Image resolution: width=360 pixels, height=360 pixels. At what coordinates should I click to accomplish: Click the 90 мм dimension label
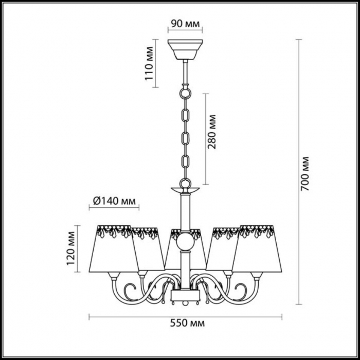click(x=185, y=24)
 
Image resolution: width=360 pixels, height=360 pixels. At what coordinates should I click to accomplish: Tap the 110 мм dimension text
click(x=149, y=63)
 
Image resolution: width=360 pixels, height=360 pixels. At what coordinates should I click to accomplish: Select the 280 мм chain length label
click(x=212, y=132)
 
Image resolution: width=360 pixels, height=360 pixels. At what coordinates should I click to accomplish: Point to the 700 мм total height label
click(x=305, y=174)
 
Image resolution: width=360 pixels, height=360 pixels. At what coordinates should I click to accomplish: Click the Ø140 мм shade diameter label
click(x=114, y=201)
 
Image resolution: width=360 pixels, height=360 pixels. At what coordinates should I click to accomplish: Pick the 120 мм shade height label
click(x=71, y=248)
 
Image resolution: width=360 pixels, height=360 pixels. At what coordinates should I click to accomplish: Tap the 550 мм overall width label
click(x=187, y=323)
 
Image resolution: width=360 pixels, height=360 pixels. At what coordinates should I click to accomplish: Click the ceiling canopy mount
click(x=185, y=49)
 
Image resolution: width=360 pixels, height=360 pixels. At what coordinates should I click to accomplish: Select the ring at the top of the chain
click(x=185, y=93)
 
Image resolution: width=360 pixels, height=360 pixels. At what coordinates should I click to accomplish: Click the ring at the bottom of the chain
click(x=185, y=184)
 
